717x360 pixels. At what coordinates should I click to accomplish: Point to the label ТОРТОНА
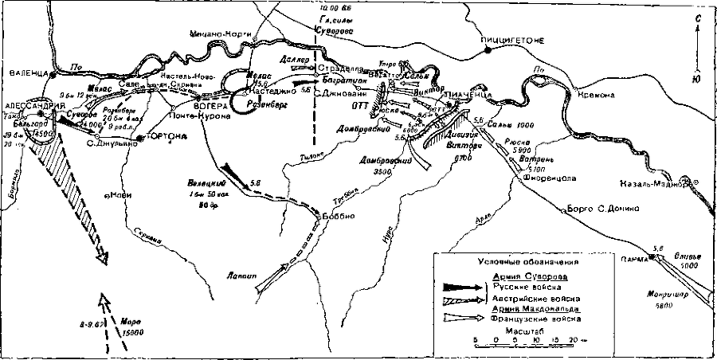coord(168,138)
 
